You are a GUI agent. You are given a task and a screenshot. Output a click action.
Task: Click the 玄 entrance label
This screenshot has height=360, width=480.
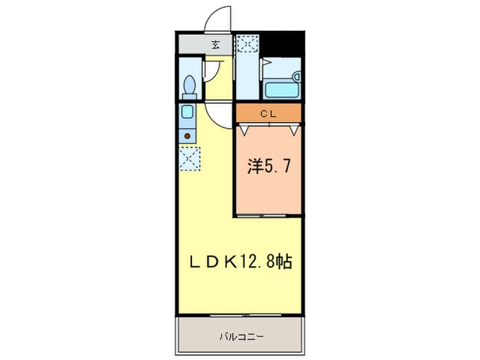tap(215, 45)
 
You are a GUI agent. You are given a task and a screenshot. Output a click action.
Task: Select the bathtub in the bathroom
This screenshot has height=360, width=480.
tap(282, 90)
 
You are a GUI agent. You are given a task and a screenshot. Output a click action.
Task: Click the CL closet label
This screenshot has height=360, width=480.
tap(268, 115)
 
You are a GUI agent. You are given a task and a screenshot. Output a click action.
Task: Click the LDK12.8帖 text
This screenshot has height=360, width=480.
tap(241, 262)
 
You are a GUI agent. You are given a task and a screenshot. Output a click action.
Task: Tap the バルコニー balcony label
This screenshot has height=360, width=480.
tap(241, 336)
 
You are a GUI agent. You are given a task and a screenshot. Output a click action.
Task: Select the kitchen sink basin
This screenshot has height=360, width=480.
tap(187, 112)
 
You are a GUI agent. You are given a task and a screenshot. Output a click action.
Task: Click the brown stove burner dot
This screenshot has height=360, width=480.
tap(187, 136)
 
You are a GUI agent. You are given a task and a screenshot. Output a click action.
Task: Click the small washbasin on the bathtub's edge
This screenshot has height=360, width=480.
tap(297, 76)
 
